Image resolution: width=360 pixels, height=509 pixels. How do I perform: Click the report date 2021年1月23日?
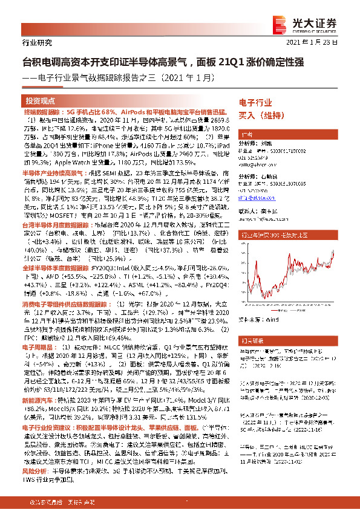319,42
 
